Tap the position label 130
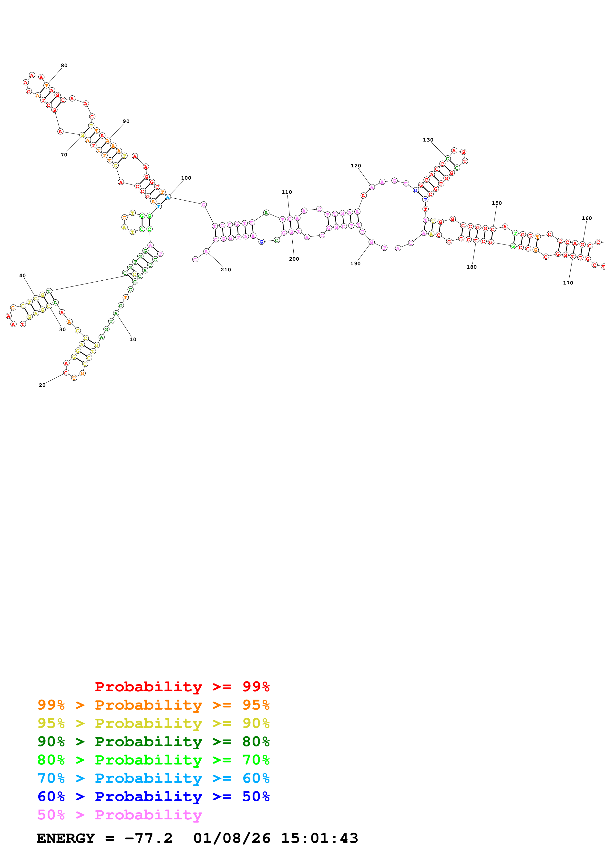click(x=428, y=140)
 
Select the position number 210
click(x=226, y=270)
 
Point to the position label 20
click(x=42, y=385)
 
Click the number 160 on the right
click(x=587, y=218)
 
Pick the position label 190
click(x=355, y=264)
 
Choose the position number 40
click(x=22, y=275)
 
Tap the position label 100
click(x=186, y=178)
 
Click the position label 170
click(x=568, y=283)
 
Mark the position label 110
click(x=287, y=192)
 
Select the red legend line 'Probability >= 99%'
click(x=182, y=686)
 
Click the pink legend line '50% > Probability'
click(x=120, y=814)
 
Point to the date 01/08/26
click(x=232, y=838)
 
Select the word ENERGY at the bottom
click(x=66, y=838)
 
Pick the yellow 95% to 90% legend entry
click(x=153, y=723)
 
